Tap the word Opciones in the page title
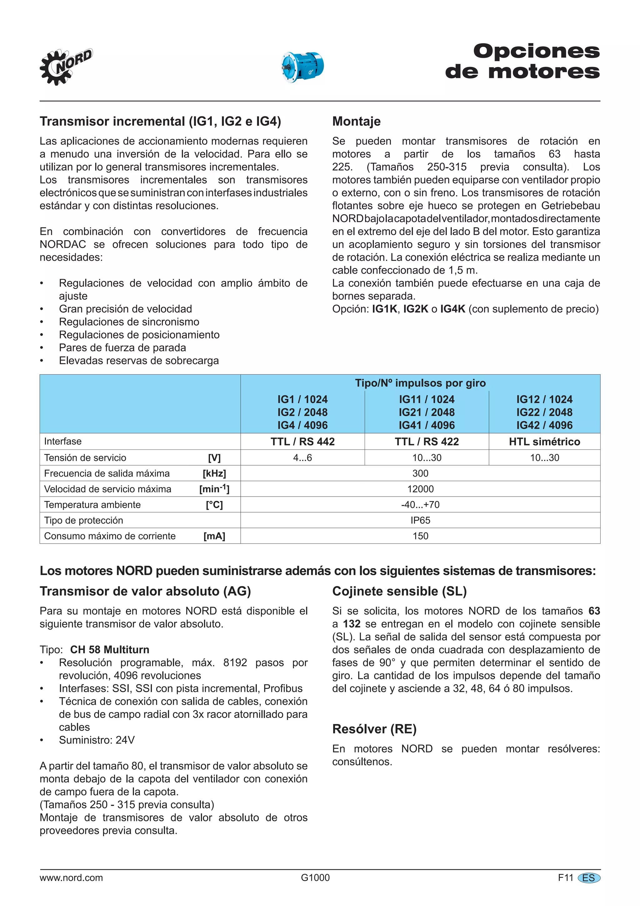[536, 51]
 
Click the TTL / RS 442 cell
[302, 442]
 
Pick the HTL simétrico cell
[544, 442]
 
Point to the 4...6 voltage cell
[302, 458]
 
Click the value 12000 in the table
[420, 489]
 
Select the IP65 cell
[420, 520]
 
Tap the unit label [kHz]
[214, 473]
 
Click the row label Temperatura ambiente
[92, 505]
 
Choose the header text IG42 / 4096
[544, 425]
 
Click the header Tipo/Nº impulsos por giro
[420, 383]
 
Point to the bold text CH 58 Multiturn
[110, 650]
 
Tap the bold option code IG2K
[415, 309]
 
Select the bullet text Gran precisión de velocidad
[125, 309]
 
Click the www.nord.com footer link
[71, 878]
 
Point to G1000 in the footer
[315, 878]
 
